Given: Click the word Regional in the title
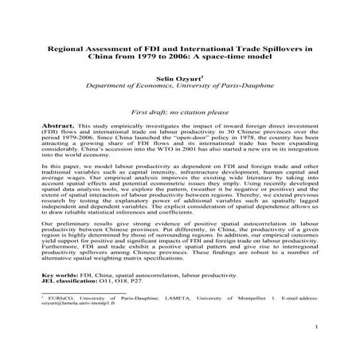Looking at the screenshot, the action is tap(76, 49).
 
